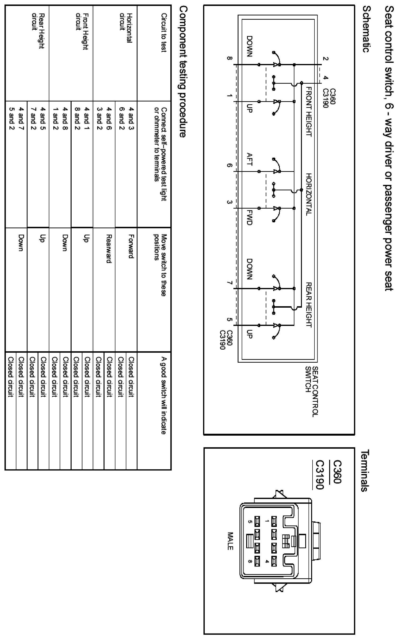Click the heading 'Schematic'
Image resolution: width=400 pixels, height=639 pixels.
click(x=366, y=30)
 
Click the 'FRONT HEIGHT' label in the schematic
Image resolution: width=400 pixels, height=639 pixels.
click(x=309, y=112)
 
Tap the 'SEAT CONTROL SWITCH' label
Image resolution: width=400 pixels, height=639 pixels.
click(x=312, y=391)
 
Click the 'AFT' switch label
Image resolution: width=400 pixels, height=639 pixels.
click(x=249, y=159)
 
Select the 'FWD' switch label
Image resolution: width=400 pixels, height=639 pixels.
click(x=249, y=218)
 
